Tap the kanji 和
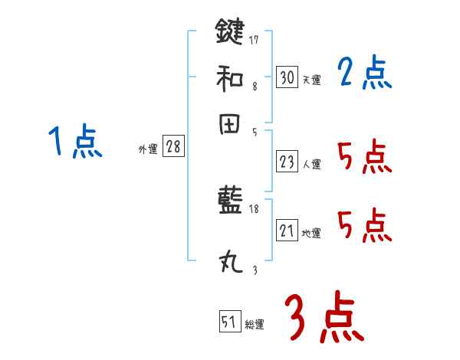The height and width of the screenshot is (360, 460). [x=230, y=77]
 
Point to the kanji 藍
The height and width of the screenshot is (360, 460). [x=230, y=202]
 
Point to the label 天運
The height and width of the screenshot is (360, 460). [x=312, y=80]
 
